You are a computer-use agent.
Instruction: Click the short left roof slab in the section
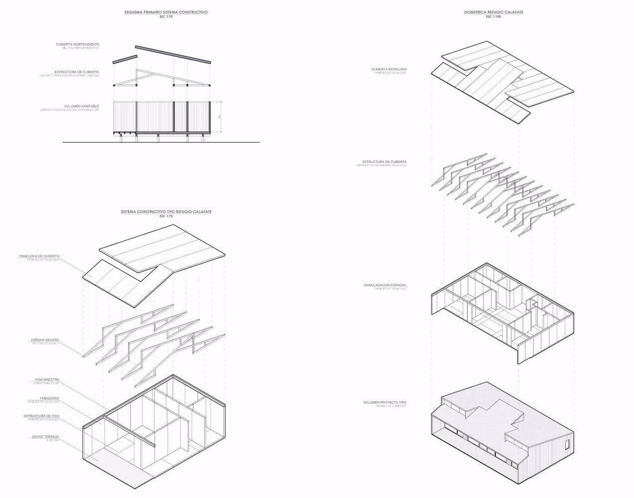(124, 60)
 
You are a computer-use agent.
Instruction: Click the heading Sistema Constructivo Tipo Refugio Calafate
(166, 212)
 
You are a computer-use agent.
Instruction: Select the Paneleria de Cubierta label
(39, 256)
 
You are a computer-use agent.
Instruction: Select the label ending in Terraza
(45, 437)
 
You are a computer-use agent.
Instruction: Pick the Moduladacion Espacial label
(385, 285)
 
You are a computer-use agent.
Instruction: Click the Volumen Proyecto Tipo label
(385, 402)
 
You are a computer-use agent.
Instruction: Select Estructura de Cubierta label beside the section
(77, 72)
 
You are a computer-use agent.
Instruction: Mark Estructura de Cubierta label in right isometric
(384, 162)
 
